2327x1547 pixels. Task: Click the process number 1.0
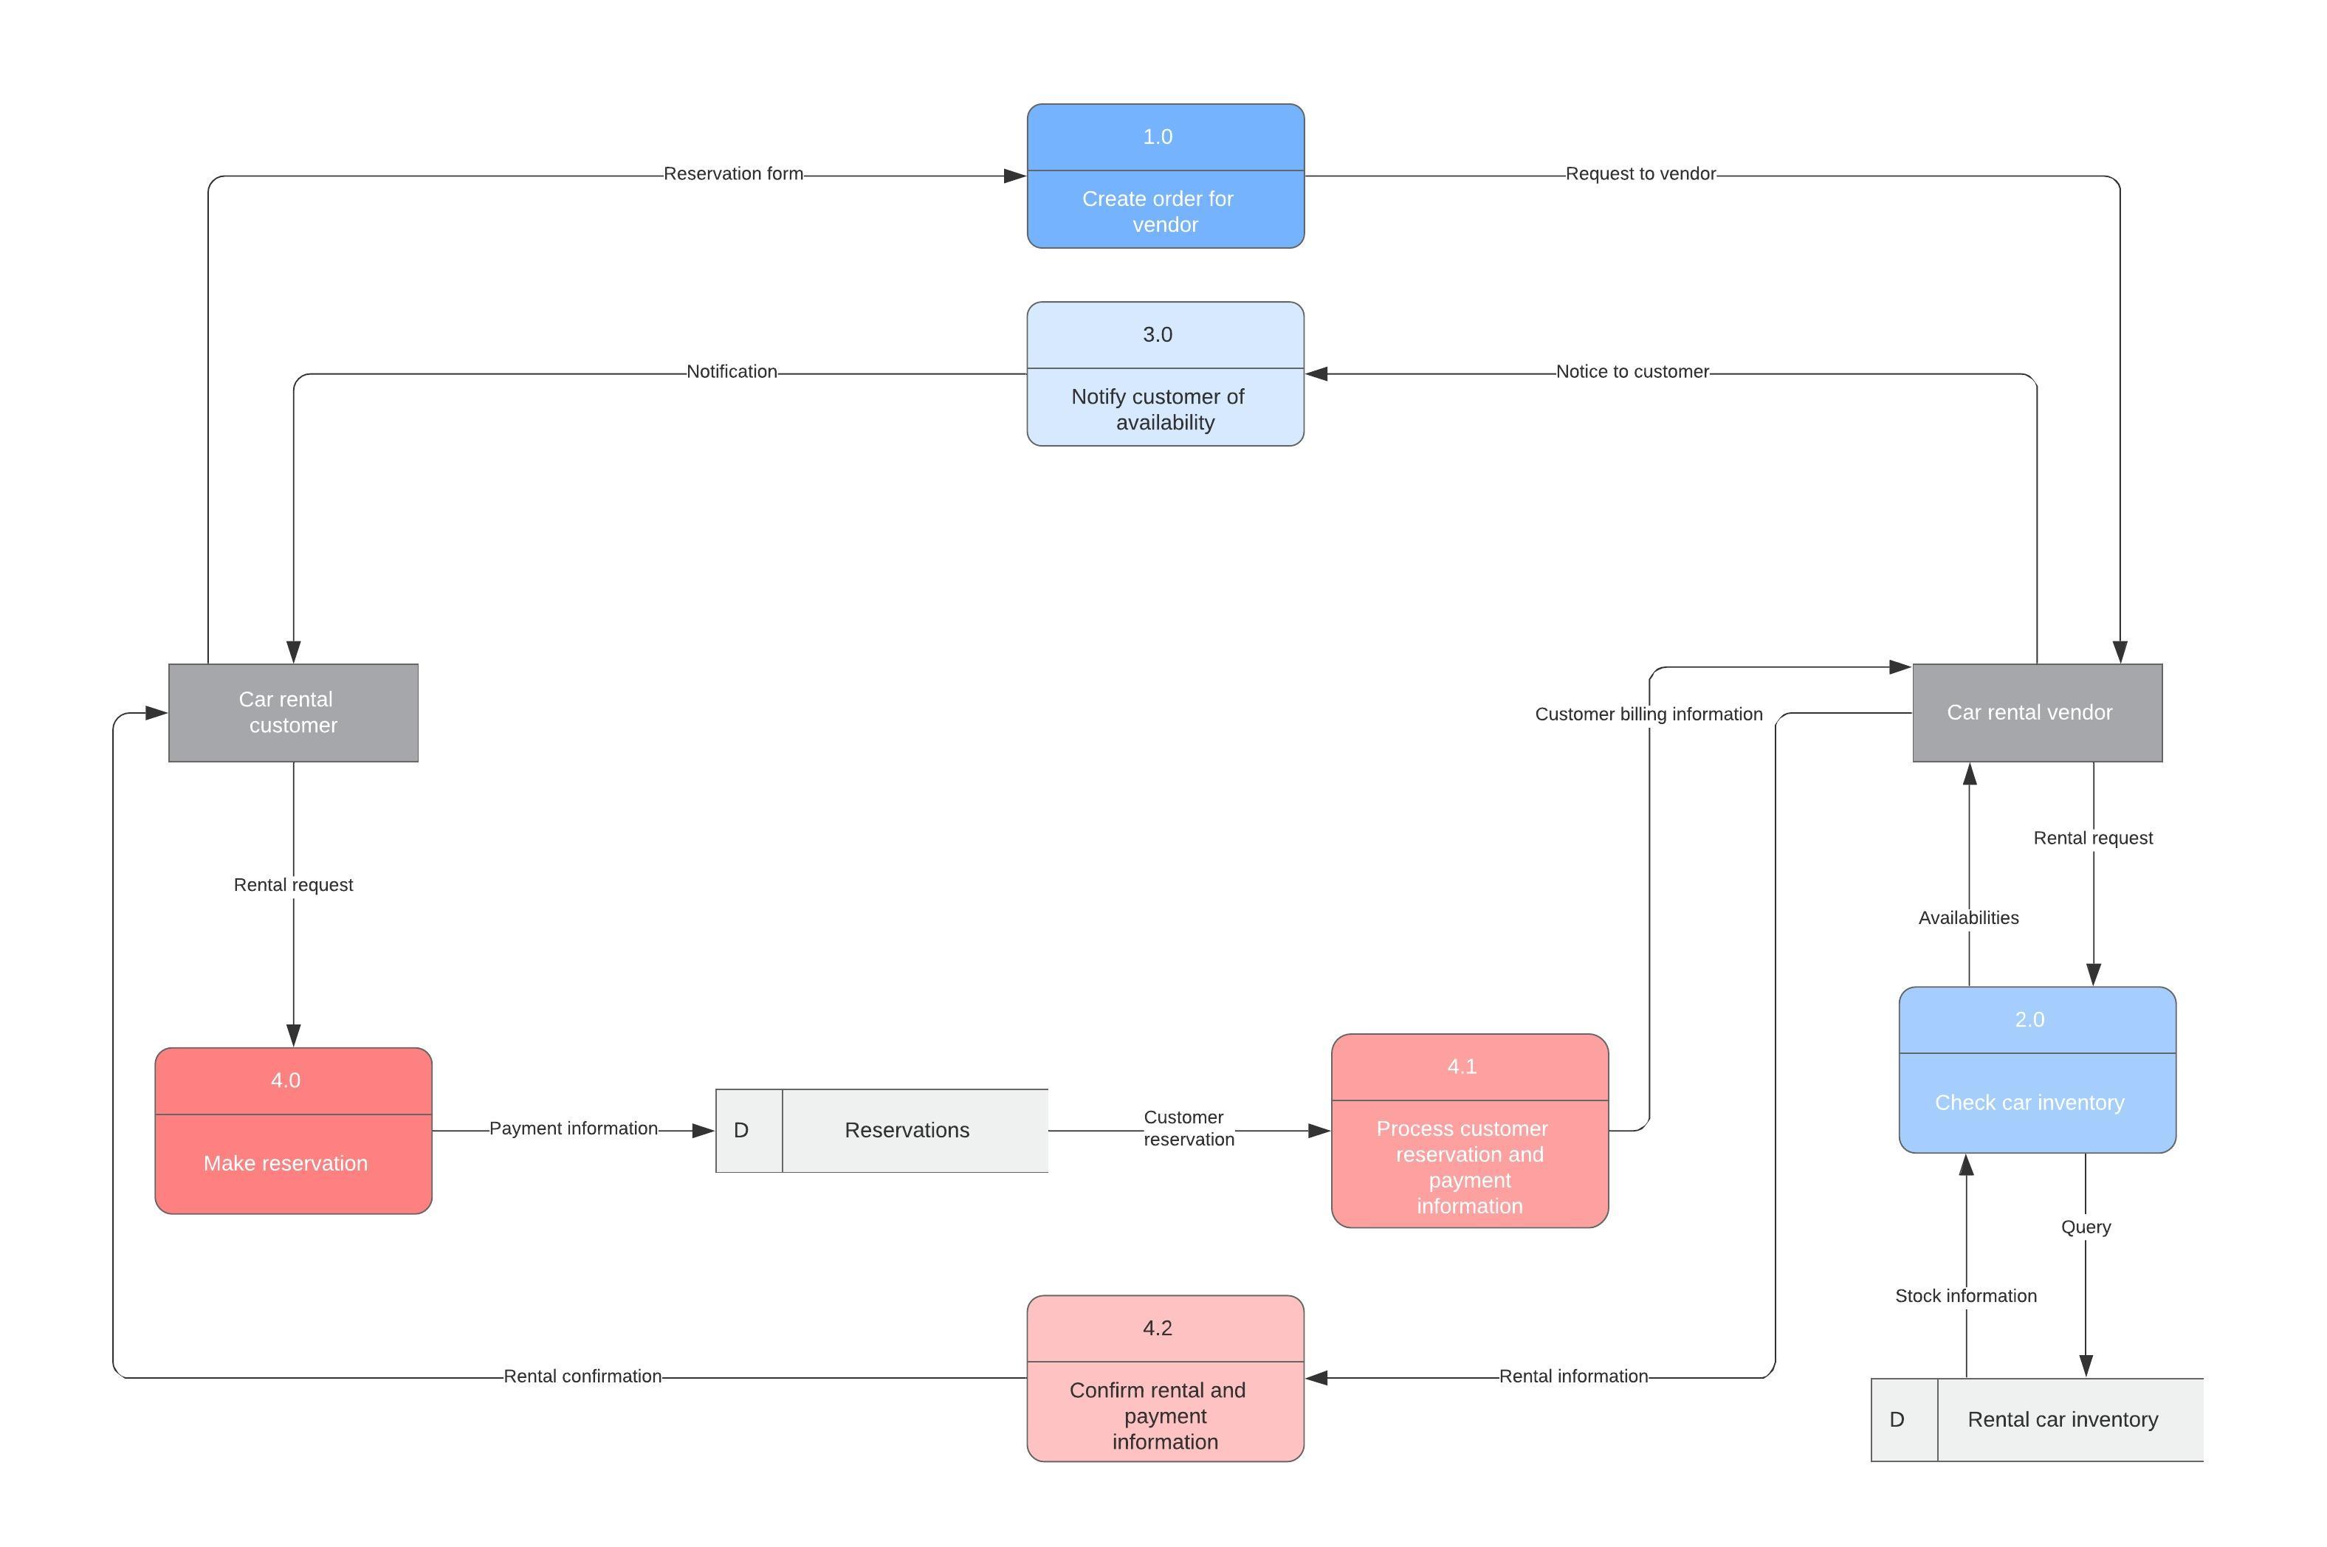click(1157, 137)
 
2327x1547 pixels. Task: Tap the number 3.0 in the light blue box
click(1157, 334)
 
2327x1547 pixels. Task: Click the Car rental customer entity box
click(293, 712)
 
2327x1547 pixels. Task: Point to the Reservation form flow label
click(732, 173)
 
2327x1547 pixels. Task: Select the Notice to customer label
click(1632, 372)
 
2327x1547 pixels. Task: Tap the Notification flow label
click(732, 372)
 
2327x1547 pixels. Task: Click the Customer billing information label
click(1647, 714)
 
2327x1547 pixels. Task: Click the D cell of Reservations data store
click(742, 1131)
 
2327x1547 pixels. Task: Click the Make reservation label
click(285, 1163)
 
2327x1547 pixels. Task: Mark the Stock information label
click(1964, 1296)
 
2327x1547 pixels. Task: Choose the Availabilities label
click(1967, 918)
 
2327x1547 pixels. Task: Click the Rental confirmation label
click(582, 1377)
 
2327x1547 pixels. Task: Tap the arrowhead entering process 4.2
click(1316, 1378)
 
